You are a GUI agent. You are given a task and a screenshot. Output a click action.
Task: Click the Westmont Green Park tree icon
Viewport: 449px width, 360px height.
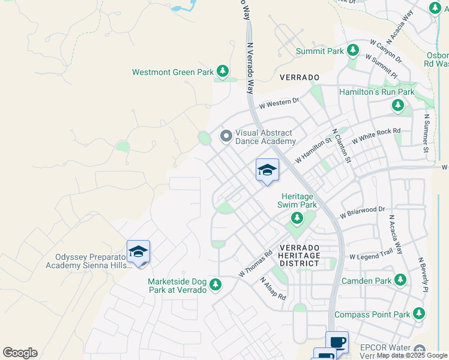point(223,72)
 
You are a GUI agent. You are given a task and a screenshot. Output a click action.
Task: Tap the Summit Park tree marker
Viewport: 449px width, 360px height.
point(353,51)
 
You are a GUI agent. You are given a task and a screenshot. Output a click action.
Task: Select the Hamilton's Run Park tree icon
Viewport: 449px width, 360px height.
point(397,106)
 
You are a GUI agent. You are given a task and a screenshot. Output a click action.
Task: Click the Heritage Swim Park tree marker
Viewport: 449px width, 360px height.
point(296,218)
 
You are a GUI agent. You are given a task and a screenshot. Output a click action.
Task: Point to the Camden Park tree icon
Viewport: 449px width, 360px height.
point(400,280)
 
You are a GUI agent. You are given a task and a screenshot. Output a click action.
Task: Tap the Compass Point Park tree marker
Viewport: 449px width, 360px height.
point(419,314)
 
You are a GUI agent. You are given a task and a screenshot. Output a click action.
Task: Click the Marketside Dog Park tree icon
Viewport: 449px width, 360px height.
point(215,284)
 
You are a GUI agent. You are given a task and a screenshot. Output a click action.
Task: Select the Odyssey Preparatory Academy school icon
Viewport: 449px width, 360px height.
point(138,252)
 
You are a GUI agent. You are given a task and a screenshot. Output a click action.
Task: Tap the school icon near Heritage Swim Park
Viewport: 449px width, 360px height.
point(267,171)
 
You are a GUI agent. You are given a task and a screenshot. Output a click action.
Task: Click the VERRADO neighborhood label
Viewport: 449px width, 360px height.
point(300,78)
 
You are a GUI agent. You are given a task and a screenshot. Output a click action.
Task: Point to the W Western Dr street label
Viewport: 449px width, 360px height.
point(279,104)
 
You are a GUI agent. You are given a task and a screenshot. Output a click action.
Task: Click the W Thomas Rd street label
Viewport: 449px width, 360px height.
point(255,263)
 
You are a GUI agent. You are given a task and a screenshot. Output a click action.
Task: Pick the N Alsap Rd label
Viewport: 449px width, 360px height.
point(273,289)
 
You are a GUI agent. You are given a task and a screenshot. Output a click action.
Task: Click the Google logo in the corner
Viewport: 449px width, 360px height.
point(20,353)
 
